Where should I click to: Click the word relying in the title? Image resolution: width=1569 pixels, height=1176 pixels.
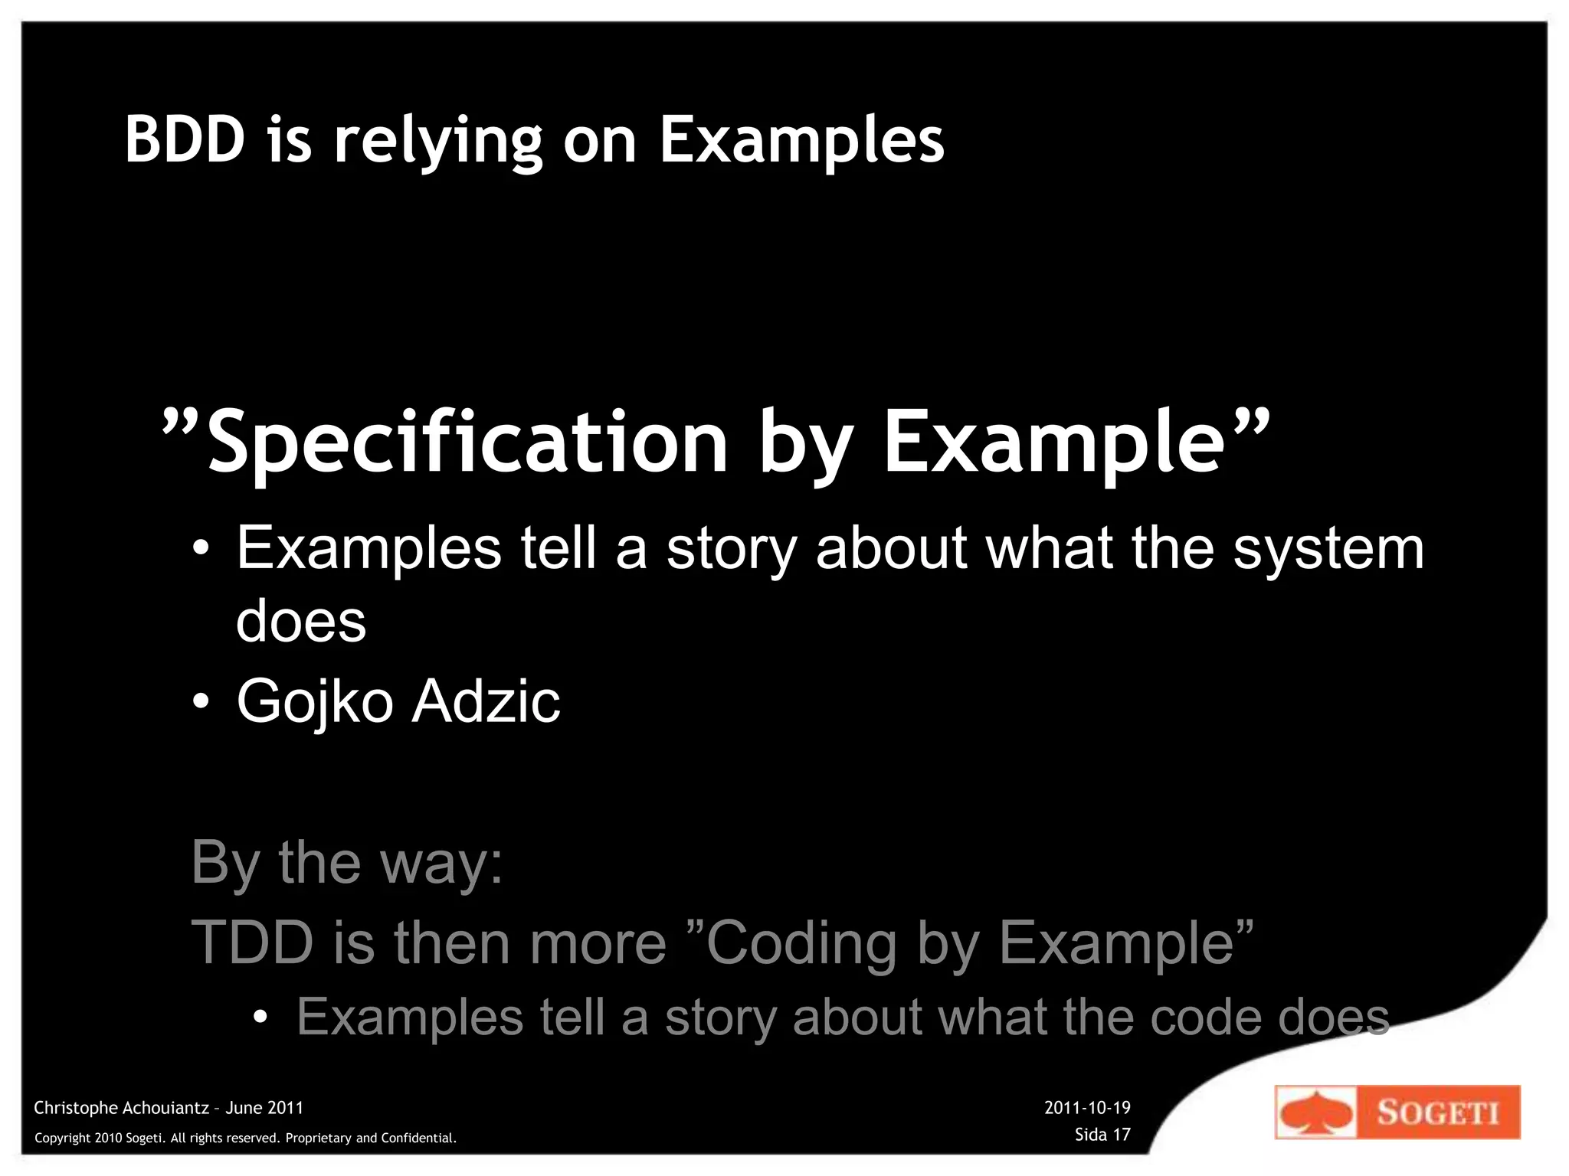(438, 142)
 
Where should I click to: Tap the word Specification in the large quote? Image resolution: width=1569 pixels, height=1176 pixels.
(468, 443)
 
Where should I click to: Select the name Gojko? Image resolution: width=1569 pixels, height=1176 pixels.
(315, 701)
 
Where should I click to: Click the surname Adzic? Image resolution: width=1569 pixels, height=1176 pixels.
(486, 701)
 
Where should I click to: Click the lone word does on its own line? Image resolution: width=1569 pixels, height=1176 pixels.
(301, 621)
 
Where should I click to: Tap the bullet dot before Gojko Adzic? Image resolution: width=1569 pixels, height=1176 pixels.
(201, 701)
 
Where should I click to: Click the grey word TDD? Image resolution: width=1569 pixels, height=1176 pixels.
(252, 942)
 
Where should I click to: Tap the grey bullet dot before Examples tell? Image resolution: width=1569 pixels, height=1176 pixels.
(260, 1018)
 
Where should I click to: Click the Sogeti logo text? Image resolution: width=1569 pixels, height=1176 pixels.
(1437, 1112)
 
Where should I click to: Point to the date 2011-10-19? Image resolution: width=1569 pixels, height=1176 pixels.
(1087, 1107)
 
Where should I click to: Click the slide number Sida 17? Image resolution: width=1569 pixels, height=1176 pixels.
(1102, 1134)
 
